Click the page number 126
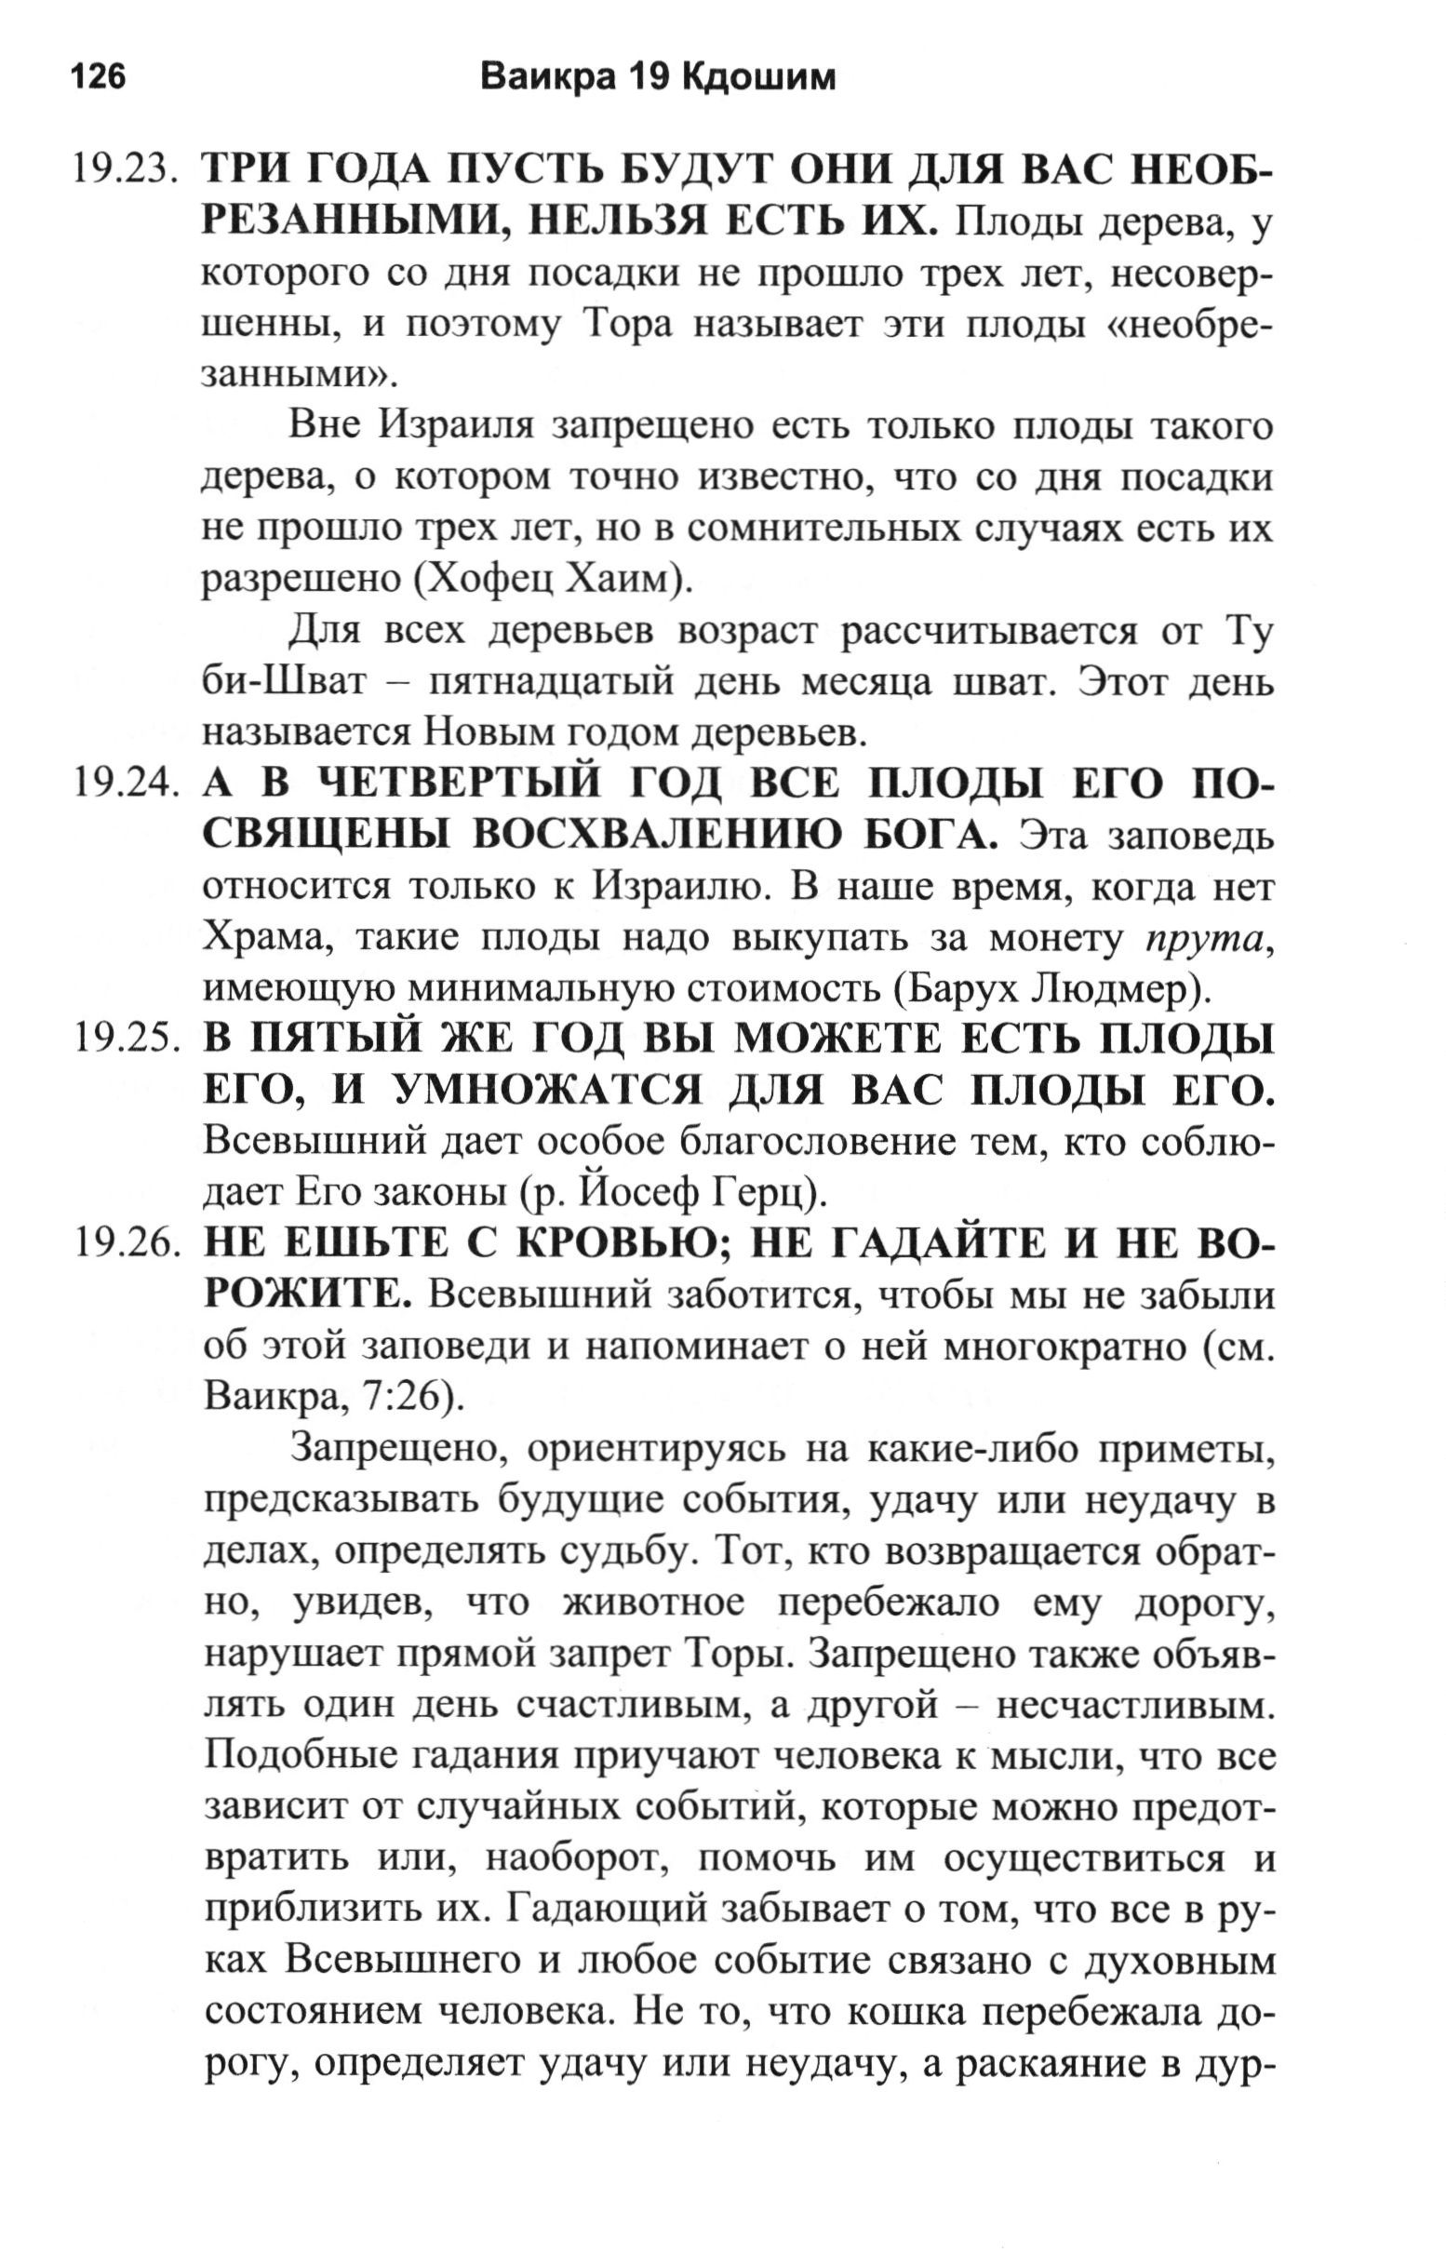pos(98,76)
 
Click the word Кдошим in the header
pos(757,77)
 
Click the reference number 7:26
pos(400,1397)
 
